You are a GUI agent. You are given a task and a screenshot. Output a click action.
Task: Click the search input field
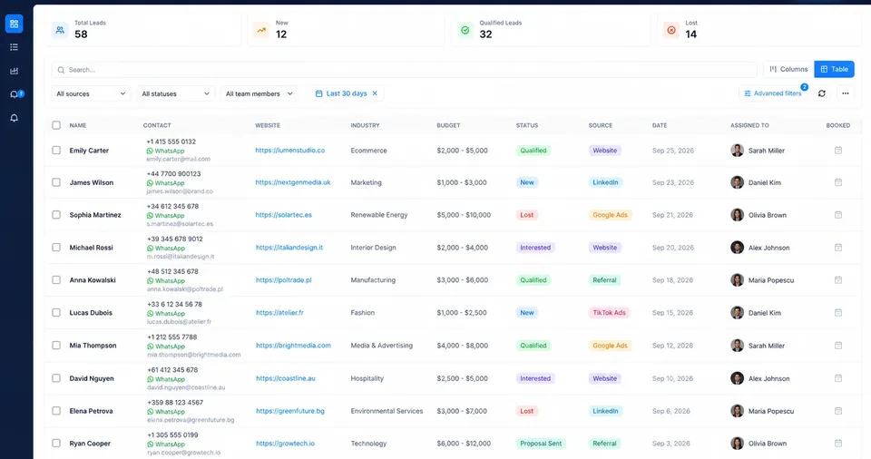404,70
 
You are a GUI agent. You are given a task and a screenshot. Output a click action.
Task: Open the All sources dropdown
91,94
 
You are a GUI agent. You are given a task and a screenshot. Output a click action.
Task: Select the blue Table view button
834,69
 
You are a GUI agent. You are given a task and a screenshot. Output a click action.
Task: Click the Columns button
788,69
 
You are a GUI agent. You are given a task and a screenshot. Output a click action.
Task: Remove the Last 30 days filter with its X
375,93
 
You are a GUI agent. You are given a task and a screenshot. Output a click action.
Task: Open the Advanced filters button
773,93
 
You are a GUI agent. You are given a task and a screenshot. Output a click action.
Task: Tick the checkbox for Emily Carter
56,150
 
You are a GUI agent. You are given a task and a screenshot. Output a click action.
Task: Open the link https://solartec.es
284,215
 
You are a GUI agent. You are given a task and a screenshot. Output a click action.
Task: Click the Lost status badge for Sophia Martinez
526,215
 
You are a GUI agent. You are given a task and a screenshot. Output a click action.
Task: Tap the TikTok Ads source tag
609,313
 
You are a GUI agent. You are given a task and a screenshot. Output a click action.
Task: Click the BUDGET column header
448,125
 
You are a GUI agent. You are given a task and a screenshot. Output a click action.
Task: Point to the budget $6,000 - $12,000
464,444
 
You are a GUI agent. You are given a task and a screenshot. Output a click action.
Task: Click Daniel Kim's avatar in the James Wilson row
737,182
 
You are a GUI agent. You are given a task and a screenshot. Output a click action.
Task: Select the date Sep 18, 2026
672,280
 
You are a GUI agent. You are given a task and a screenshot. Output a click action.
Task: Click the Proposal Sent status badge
541,444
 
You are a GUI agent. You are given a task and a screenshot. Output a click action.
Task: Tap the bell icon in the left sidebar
14,118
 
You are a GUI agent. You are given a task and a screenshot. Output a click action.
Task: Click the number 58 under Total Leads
81,34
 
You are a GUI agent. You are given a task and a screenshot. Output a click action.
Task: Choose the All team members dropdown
259,94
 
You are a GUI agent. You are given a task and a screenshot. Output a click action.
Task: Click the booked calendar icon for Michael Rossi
838,248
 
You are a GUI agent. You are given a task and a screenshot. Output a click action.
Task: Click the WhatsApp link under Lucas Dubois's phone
166,314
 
